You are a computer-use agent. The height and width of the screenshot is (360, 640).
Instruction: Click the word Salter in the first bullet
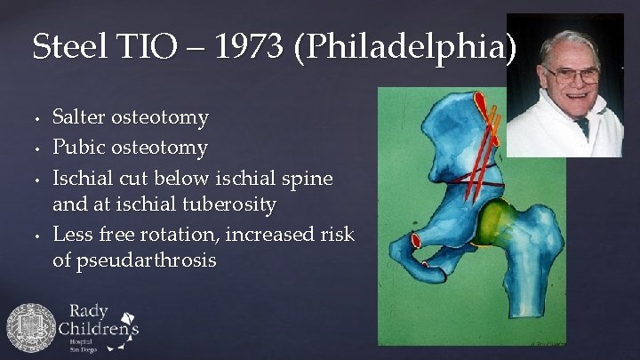pos(84,117)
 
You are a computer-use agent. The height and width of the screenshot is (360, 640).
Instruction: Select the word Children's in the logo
pos(99,331)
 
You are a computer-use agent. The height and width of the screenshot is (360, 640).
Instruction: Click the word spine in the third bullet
pos(308,177)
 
